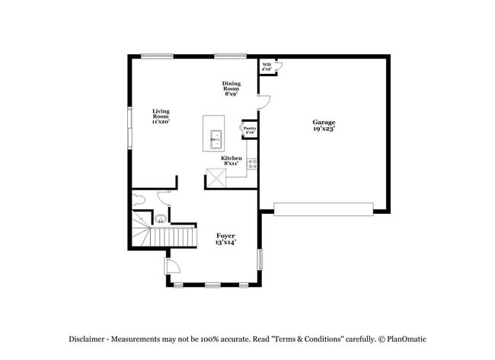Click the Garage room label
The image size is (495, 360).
pos(324,126)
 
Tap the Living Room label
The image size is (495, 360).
pos(160,116)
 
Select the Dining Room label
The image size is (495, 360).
pos(232,88)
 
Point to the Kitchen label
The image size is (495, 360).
pos(232,161)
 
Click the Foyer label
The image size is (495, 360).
pos(225,239)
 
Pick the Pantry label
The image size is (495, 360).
pos(250,130)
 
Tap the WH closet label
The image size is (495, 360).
pos(267,66)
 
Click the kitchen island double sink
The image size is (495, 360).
pos(216,138)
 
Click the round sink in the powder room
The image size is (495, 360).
pos(160,219)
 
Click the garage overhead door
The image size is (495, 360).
pos(323,209)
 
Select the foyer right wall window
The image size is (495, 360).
pos(260,259)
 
